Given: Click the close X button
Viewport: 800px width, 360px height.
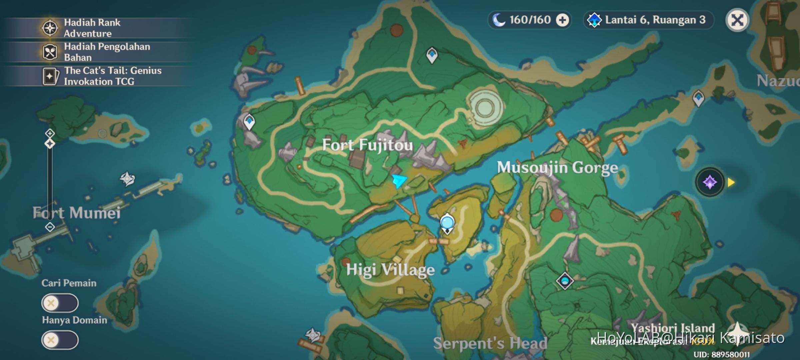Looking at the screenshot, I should (737, 20).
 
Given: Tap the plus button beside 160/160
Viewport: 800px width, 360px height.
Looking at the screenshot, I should (563, 20).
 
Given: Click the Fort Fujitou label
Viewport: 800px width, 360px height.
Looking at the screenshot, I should (367, 145).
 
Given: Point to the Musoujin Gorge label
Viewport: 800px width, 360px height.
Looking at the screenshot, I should (557, 167).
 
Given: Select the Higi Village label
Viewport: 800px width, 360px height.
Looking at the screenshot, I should (390, 270).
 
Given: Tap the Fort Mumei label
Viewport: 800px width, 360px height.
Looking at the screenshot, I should (76, 213).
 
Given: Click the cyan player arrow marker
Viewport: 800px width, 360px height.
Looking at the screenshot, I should (399, 181).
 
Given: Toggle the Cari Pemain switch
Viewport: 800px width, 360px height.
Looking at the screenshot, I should (60, 303).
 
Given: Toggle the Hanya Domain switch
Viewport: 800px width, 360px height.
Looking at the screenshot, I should (60, 340).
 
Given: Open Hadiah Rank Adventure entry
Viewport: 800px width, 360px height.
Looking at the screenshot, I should (92, 28).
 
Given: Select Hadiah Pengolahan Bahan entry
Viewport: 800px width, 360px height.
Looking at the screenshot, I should (107, 52).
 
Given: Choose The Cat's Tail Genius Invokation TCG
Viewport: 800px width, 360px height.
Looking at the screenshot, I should (112, 76).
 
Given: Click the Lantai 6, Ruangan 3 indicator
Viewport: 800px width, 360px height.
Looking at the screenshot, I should (648, 20).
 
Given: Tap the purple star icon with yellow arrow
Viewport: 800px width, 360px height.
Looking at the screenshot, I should (710, 182).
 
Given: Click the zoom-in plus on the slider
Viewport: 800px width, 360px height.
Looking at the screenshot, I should (50, 133).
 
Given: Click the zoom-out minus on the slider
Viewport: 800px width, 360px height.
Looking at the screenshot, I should (50, 227).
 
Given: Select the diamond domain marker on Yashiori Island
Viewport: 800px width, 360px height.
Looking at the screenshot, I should (565, 281).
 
